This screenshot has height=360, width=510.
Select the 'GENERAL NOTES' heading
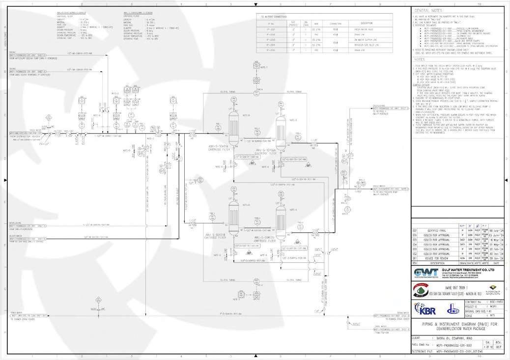coord(428,11)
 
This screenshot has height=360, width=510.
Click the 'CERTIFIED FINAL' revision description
coord(435,230)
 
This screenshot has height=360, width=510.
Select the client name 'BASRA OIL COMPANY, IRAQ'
coord(452,338)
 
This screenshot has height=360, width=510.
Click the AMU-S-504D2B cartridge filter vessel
coord(281,220)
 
